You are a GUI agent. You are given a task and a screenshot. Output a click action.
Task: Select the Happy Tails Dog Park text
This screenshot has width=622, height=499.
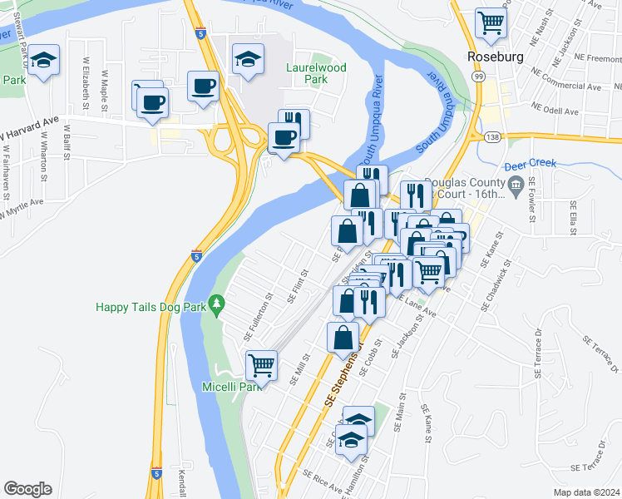click(150, 307)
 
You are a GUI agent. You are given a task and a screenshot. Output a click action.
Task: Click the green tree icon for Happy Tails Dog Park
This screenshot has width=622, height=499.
click(217, 306)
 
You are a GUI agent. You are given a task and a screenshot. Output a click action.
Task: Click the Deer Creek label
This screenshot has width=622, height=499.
click(530, 164)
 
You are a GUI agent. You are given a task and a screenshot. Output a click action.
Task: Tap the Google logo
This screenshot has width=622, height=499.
click(27, 489)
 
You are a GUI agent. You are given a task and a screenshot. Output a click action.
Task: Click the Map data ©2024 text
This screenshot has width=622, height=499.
click(586, 492)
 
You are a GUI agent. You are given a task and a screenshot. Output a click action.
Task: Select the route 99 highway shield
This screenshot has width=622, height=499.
click(479, 76)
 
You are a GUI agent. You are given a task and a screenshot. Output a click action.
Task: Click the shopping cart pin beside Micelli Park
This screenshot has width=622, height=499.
click(262, 364)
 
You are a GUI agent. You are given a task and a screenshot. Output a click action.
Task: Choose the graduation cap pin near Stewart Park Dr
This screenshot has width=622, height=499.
click(43, 60)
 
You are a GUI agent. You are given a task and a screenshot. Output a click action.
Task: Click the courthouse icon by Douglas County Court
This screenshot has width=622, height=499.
click(516, 184)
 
